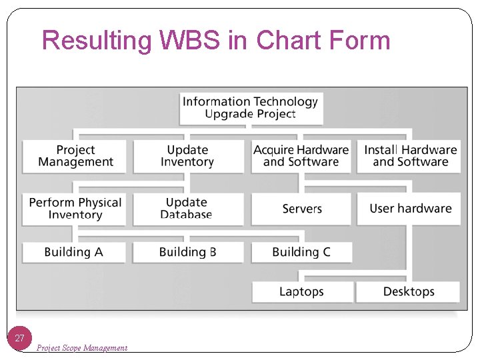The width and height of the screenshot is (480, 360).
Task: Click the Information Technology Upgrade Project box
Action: (251, 108)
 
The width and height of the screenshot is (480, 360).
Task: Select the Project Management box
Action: (75, 156)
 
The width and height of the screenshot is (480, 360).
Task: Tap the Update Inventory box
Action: (187, 156)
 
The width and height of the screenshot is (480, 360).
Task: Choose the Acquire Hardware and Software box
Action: (301, 156)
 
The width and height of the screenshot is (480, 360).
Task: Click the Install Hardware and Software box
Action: (409, 156)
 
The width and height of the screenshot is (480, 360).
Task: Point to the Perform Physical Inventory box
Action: (75, 209)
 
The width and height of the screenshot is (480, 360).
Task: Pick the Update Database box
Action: (187, 209)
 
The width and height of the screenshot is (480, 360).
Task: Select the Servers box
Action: (301, 209)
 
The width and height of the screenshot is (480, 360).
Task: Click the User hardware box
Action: (409, 209)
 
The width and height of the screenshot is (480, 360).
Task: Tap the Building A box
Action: (74, 252)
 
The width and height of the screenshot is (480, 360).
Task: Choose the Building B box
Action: (187, 252)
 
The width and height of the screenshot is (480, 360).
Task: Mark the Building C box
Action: (301, 252)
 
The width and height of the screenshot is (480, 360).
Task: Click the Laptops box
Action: (301, 291)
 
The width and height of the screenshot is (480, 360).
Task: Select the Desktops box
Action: (408, 291)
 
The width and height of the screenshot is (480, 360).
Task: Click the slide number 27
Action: (20, 339)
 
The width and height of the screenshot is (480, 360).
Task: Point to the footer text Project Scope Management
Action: (82, 347)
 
